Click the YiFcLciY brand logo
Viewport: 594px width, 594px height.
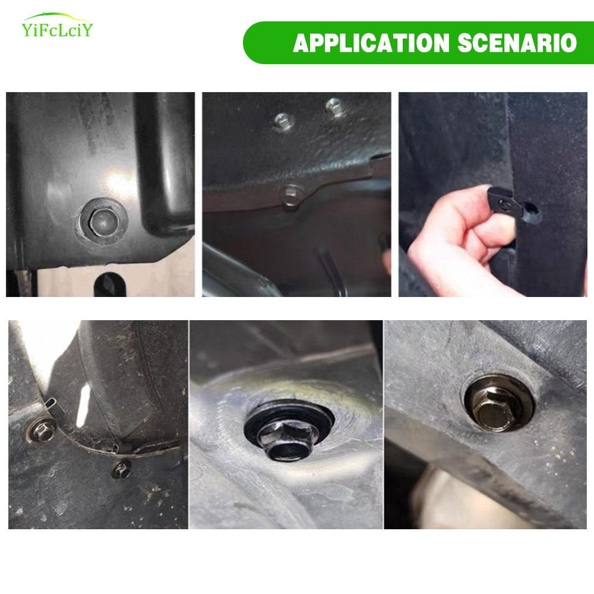tap(57, 26)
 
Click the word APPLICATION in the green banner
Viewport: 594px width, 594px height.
tap(371, 43)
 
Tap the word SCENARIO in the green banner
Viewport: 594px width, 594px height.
tap(517, 43)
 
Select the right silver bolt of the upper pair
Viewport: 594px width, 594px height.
tap(334, 106)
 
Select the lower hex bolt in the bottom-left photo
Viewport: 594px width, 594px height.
tap(121, 469)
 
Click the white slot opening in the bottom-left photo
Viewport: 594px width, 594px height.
tap(83, 405)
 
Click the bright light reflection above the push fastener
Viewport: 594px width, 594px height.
tap(118, 185)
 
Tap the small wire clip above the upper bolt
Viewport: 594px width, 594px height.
tap(50, 405)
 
